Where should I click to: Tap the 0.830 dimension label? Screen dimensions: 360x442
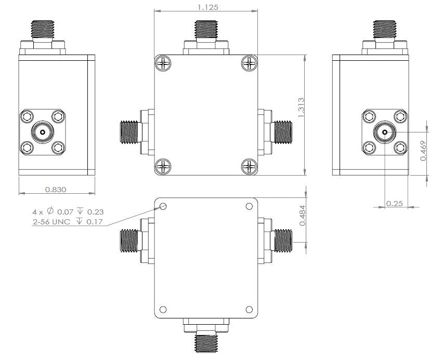coord(56,190)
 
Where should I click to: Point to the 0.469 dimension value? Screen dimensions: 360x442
coord(423,150)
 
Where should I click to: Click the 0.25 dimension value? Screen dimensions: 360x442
coord(394,204)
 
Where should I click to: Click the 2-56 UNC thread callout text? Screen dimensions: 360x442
coord(68,222)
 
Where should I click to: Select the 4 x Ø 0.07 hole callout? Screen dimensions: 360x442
coord(68,212)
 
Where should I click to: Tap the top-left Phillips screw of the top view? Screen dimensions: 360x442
coord(163,64)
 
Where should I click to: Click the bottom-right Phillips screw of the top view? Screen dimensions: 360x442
coord(250,167)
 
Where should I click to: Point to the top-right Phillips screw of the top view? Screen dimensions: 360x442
coord(250,64)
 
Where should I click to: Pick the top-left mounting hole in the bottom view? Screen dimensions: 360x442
coord(163,206)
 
